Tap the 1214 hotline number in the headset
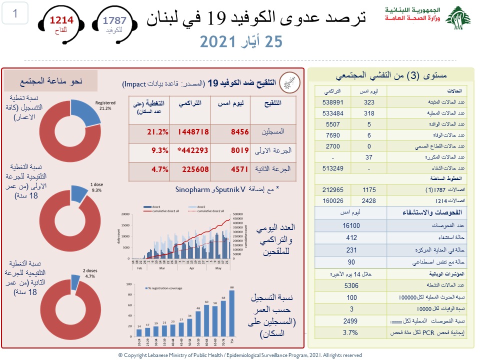point(61,20)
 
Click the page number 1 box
point(15,14)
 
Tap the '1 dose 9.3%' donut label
point(96,187)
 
